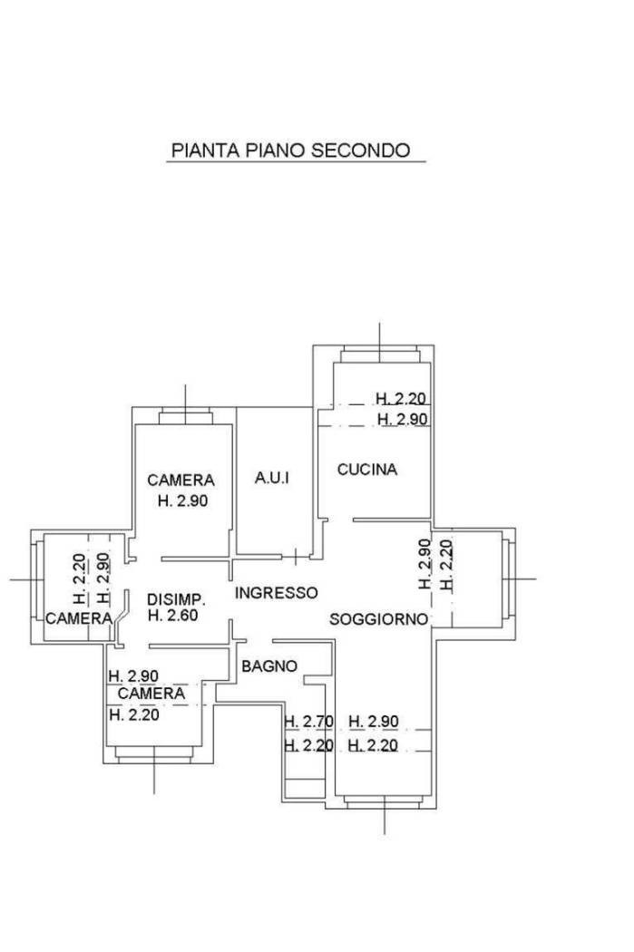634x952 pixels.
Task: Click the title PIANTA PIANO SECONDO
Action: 291,150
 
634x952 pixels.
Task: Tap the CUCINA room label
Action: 367,470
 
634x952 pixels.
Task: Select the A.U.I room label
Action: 271,478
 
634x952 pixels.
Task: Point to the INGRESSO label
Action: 277,593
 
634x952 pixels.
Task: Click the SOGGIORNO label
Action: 379,619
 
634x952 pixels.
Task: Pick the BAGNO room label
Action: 269,666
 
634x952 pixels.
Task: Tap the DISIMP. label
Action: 177,600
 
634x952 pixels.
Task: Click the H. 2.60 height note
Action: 173,615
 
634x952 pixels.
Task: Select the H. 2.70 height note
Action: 309,722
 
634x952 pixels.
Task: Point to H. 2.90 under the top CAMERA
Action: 183,500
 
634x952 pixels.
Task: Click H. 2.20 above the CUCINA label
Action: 401,399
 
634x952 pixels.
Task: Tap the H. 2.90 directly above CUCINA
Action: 403,419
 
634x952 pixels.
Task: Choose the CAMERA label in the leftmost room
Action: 79,618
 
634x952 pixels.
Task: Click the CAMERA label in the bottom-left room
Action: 151,694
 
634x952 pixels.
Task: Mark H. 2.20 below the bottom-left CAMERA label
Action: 134,714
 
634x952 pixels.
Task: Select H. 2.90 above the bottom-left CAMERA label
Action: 133,675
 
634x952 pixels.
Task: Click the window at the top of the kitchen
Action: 380,355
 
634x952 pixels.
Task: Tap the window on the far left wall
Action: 38,579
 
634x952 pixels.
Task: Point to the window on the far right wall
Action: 508,578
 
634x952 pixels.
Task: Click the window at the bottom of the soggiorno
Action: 384,802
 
